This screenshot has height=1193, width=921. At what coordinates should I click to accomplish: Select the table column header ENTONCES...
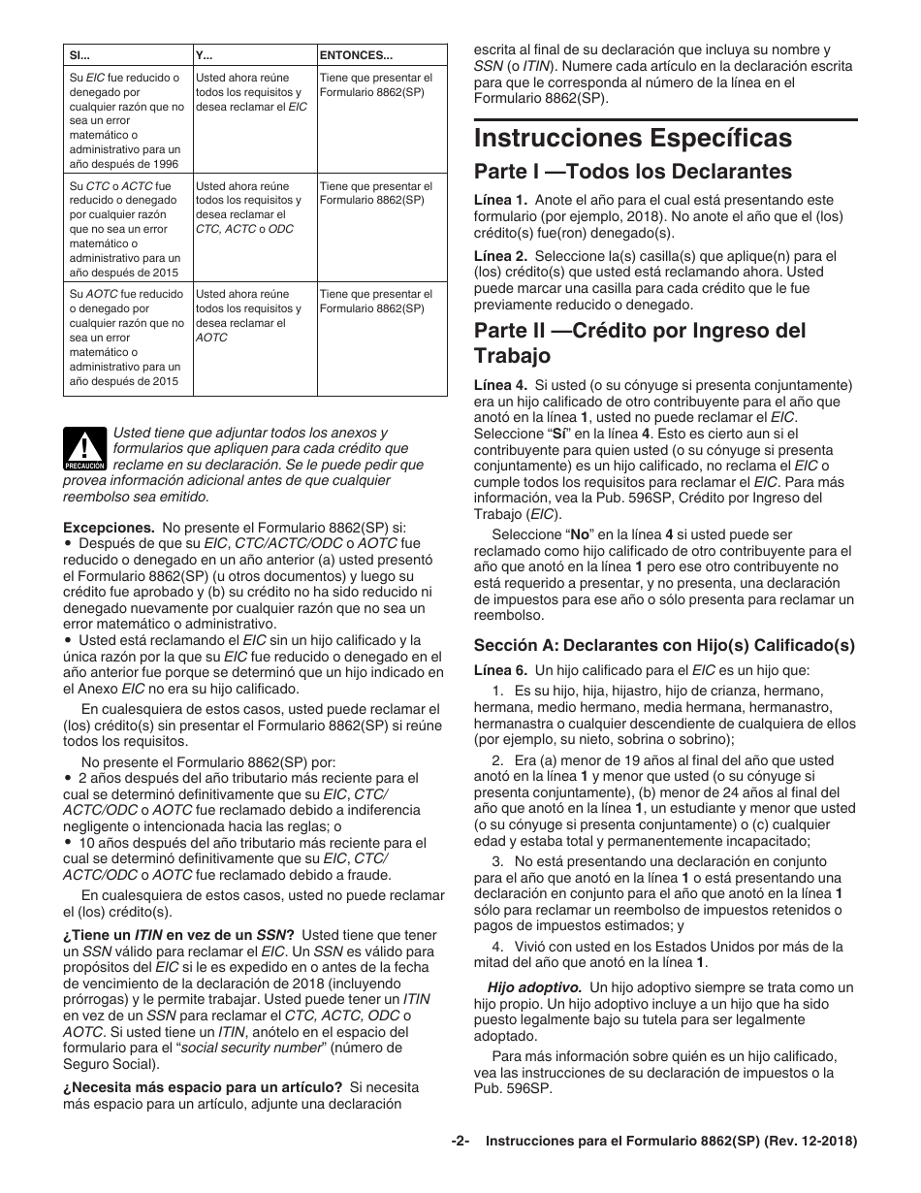[356, 55]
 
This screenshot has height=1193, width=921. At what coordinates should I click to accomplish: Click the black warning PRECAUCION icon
[84, 449]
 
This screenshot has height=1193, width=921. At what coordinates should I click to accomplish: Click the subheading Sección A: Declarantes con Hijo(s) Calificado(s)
[664, 644]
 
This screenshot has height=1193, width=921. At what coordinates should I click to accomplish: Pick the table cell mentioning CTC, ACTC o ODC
[254, 208]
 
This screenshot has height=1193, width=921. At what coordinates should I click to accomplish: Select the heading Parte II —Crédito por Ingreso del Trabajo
[640, 342]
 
